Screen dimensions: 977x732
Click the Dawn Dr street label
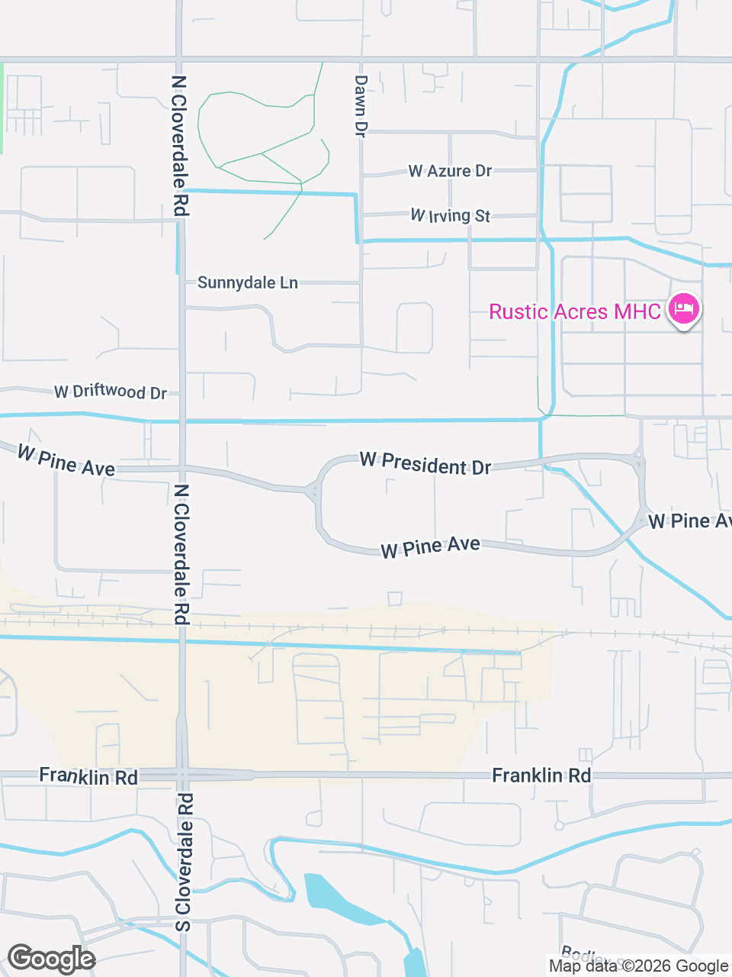(361, 105)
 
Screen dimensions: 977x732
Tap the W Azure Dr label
(450, 171)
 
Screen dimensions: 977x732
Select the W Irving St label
(450, 216)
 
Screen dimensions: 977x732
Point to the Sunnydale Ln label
(247, 282)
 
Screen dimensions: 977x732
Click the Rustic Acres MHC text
(575, 311)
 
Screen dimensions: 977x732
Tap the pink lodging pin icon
(684, 309)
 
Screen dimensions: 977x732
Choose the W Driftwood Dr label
(111, 392)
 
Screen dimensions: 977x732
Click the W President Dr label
(425, 463)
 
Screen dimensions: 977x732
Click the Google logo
(51, 959)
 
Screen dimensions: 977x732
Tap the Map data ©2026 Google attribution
(638, 966)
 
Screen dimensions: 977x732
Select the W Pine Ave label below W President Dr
(431, 547)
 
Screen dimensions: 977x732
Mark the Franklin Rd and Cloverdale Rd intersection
(182, 775)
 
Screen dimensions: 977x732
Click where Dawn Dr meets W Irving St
(361, 216)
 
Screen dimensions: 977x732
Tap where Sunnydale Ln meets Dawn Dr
(361, 282)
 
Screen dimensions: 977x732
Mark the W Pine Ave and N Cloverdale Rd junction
(182, 467)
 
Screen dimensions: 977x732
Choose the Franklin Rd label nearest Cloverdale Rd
(88, 776)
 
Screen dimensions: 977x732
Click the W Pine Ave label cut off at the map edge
(689, 521)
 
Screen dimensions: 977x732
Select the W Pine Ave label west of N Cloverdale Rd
(66, 461)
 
